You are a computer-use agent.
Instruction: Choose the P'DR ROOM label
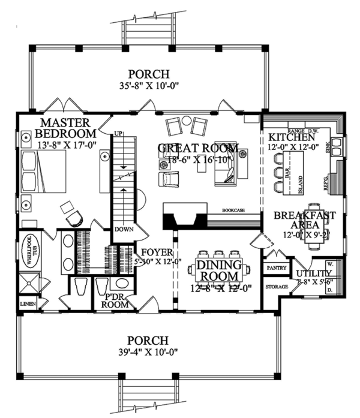coord(117,300)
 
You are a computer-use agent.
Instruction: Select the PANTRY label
coord(276,268)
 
